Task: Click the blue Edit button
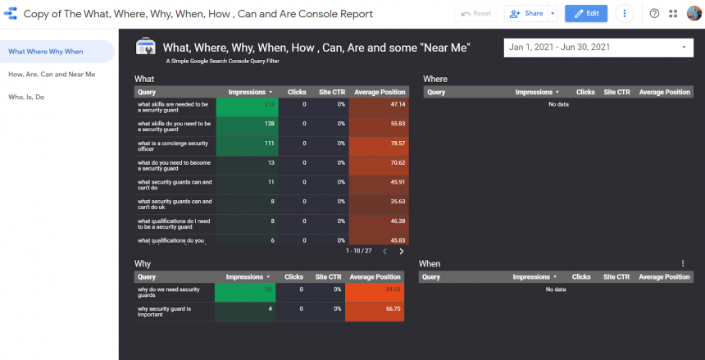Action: tap(586, 14)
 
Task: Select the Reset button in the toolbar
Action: tap(476, 14)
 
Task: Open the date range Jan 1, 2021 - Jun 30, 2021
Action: tap(598, 48)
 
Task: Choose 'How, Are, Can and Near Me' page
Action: tap(52, 74)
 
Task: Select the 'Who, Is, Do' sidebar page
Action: tap(26, 97)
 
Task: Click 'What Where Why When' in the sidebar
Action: tap(46, 52)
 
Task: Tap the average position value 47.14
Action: tap(397, 105)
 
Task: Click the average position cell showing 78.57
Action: tap(397, 144)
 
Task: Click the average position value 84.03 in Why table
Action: tap(393, 289)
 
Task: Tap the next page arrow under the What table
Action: tap(402, 251)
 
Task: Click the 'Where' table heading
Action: tap(435, 79)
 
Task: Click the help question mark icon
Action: tap(654, 14)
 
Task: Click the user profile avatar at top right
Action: tap(694, 14)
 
